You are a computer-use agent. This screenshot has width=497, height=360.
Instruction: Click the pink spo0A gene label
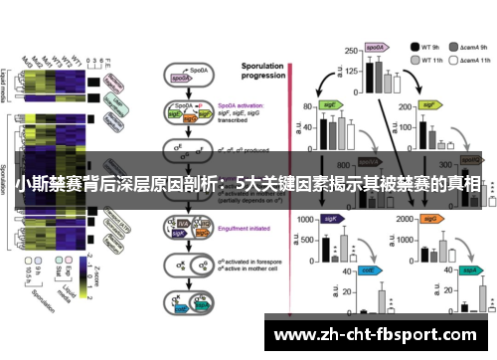375,47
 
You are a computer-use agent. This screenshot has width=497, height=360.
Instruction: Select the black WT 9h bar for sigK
325,248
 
